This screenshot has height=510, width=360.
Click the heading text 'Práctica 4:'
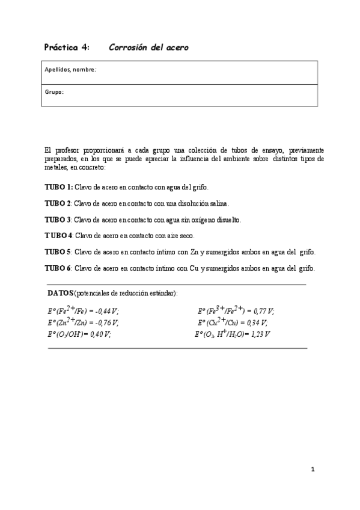(67, 47)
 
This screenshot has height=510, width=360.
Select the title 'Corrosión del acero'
(148, 47)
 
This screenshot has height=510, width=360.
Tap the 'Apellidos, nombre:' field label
(71, 70)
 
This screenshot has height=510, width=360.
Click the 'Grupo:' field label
(54, 92)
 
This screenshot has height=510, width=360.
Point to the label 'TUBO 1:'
(59, 188)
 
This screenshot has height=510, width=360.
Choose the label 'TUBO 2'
(58, 203)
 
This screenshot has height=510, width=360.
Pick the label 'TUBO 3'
(58, 220)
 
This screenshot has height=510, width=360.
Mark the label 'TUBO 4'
(58, 236)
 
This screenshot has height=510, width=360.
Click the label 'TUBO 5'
(58, 251)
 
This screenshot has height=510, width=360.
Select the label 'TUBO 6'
(58, 268)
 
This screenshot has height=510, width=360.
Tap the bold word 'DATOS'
(61, 293)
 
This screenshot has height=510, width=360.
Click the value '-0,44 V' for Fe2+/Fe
(106, 311)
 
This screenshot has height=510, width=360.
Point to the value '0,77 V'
(262, 311)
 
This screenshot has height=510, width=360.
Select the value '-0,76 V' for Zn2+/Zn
(106, 322)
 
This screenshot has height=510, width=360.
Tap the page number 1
(313, 470)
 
